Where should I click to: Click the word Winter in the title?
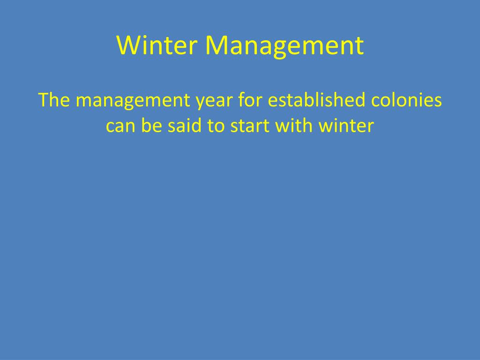click(x=157, y=45)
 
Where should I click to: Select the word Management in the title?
click(x=285, y=46)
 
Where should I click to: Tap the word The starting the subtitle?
click(x=54, y=100)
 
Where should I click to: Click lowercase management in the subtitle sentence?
click(x=133, y=102)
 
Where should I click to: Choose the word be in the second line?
click(x=151, y=125)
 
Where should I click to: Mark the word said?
click(x=184, y=125)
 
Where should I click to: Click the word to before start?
click(x=216, y=126)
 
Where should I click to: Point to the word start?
click(x=249, y=126)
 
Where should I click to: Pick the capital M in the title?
click(x=216, y=45)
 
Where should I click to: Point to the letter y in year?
click(x=201, y=104)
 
